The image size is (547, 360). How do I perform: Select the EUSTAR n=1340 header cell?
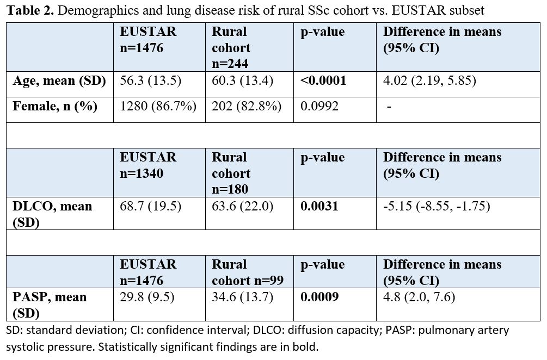click(x=148, y=165)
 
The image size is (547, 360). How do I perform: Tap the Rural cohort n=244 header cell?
click(x=231, y=48)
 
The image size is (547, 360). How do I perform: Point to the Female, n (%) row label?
click(x=55, y=106)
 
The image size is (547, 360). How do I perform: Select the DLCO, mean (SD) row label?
click(x=52, y=214)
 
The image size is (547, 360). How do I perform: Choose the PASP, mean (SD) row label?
click(x=50, y=305)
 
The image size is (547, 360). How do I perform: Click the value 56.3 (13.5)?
click(x=151, y=81)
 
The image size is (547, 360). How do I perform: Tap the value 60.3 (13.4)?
click(x=242, y=81)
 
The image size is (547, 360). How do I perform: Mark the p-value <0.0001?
click(x=323, y=81)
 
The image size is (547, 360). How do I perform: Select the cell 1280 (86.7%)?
click(x=158, y=106)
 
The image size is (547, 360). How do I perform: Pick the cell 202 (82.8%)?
click(x=246, y=106)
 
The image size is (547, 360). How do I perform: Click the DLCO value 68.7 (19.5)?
click(x=151, y=206)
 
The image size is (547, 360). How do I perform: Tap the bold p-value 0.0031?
click(x=319, y=206)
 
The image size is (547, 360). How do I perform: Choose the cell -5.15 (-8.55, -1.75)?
click(x=437, y=206)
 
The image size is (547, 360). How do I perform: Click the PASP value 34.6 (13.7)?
click(x=242, y=297)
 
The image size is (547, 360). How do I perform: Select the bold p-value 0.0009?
click(x=319, y=297)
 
